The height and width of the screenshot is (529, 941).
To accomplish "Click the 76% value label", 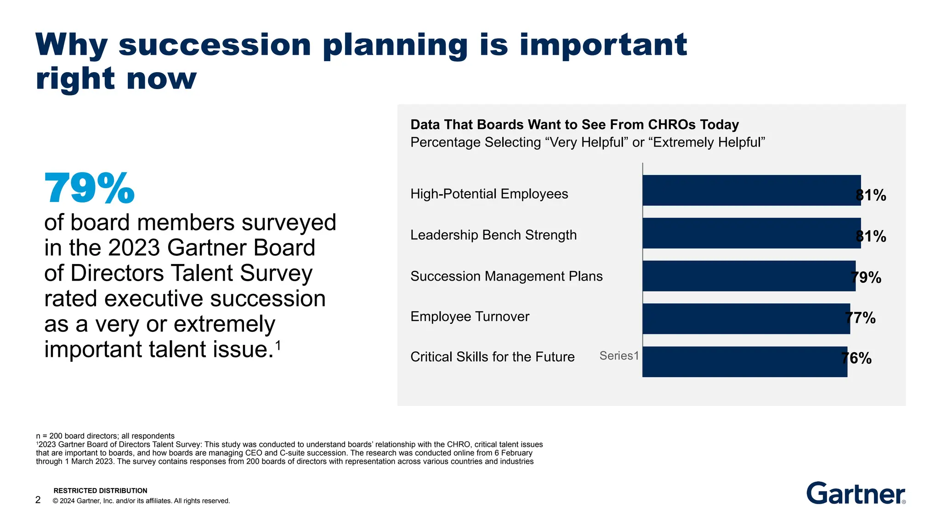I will coord(856,358).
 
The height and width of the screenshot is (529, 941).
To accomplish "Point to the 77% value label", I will coord(861,318).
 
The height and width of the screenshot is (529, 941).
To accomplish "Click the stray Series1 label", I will coord(619,356).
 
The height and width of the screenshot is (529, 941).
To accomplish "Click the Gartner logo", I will coord(856,494).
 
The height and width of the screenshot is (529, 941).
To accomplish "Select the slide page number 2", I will coord(38,500).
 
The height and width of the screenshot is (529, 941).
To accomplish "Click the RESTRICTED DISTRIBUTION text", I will coord(100,491).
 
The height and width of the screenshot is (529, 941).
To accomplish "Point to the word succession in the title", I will coord(215,45).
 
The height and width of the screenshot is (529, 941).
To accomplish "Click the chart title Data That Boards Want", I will coord(574,125).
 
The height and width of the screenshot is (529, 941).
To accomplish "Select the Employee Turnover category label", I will coord(470,317).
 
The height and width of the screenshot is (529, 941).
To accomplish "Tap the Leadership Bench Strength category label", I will coord(493,235).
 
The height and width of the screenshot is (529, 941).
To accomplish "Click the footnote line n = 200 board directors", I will coord(105,436).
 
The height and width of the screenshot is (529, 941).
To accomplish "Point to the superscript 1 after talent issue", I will coord(278,344).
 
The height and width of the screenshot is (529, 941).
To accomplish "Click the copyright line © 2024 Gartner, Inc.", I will coord(141,501).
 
